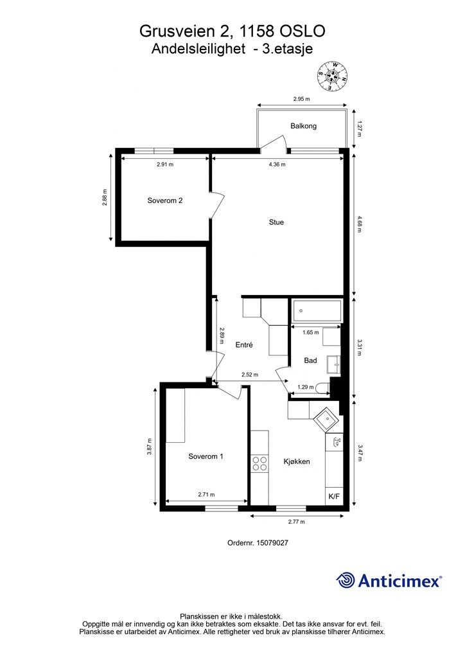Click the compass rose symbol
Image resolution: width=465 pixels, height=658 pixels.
[x=333, y=76]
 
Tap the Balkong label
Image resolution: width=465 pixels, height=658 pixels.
[x=303, y=126]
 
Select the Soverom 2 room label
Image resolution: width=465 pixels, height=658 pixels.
[x=165, y=200]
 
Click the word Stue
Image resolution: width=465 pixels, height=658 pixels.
[x=276, y=222]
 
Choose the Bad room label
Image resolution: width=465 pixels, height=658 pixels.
[x=310, y=360]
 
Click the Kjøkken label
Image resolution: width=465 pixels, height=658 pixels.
[x=297, y=461]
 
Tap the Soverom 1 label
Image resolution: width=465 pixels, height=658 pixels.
[x=206, y=457]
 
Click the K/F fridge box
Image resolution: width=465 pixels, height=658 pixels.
[x=334, y=497]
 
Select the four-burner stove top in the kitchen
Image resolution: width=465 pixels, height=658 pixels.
[x=259, y=463]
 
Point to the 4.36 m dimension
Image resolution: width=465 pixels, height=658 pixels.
[x=277, y=164]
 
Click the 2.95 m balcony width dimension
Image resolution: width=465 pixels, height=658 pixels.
[x=301, y=99]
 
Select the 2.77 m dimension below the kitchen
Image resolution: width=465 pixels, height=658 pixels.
[x=296, y=522]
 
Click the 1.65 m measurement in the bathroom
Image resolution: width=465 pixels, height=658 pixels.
[x=311, y=333]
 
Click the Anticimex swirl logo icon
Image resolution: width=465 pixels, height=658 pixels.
[x=347, y=580]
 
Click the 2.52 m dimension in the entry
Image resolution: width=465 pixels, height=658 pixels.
[x=250, y=375]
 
